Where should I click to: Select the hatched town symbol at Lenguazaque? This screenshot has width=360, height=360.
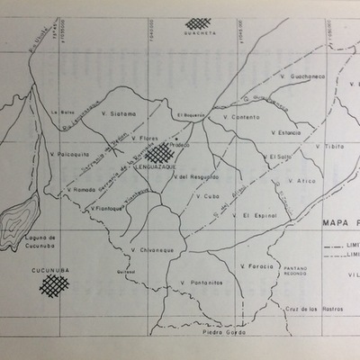click(159, 154)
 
